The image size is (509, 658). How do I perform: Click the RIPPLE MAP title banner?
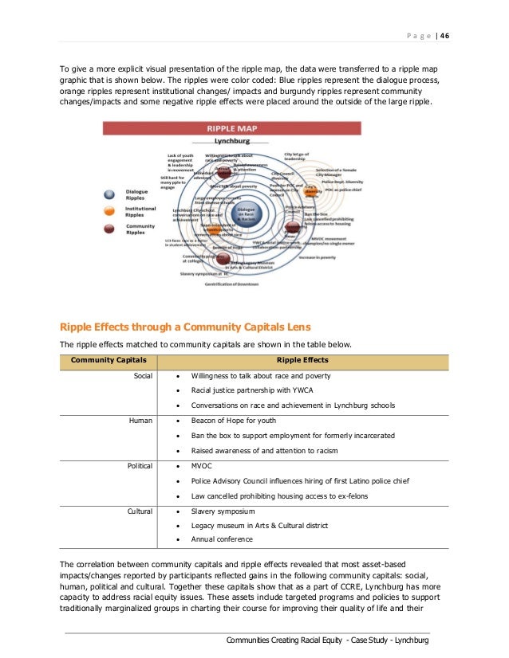point(236,128)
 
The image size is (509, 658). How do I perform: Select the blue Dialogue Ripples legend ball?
point(110,195)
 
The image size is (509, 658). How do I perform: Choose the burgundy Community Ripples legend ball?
point(110,229)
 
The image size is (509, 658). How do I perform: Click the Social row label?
point(142,375)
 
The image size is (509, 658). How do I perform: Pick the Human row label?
point(140,420)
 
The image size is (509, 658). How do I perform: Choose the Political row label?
point(140,464)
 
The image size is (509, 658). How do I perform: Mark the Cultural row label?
point(140,510)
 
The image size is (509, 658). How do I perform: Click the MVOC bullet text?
point(201,464)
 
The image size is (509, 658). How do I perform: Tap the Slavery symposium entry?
point(223,510)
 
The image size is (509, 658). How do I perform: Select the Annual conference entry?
point(220,539)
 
